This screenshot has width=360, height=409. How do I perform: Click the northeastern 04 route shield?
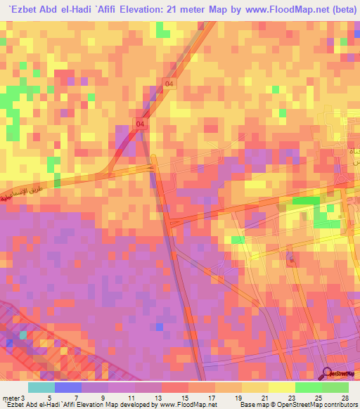pyautogui.click(x=168, y=84)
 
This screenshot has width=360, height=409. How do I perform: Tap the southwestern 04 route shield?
pyautogui.click(x=141, y=124)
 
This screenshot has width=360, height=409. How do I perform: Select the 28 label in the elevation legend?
pyautogui.click(x=344, y=396)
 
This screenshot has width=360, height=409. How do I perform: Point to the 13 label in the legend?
pyautogui.click(x=167, y=396)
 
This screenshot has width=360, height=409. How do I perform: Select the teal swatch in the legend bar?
pyautogui.click(x=41, y=387)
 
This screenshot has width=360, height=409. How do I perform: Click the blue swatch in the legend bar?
pyautogui.click(x=67, y=387)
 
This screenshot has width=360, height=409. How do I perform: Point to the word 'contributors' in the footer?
pyautogui.click(x=339, y=405)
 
